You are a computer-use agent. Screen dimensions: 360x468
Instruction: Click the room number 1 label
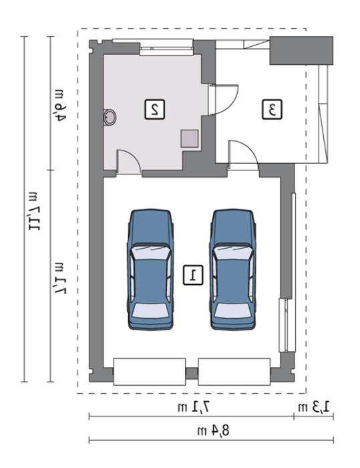coord(193,275)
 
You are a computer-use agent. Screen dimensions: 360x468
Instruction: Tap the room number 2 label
coord(154,110)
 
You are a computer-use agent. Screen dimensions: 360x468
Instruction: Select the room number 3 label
coord(272,110)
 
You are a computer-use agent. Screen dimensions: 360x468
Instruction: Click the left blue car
coord(150,269)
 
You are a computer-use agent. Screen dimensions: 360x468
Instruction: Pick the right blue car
coord(232,269)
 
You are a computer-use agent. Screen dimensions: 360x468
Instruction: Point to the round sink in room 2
coord(110,117)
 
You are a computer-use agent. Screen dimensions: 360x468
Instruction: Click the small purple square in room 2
coord(190,138)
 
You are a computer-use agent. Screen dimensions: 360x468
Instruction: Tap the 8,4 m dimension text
coord(213,431)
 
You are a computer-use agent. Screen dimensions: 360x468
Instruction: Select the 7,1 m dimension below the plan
coord(194,406)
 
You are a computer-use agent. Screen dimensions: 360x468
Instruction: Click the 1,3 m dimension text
coord(314,406)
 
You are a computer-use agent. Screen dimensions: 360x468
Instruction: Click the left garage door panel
coord(150,372)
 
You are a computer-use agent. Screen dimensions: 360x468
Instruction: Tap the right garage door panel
coord(234,372)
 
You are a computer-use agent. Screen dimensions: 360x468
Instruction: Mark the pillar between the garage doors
coord(192,373)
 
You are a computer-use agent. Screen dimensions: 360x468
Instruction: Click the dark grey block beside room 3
coord(301,50)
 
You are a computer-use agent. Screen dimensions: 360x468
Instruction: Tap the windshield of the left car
coord(150,253)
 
